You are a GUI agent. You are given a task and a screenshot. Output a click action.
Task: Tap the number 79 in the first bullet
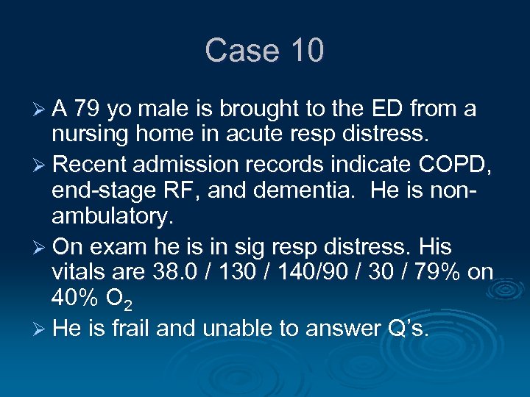[x=86, y=110]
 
